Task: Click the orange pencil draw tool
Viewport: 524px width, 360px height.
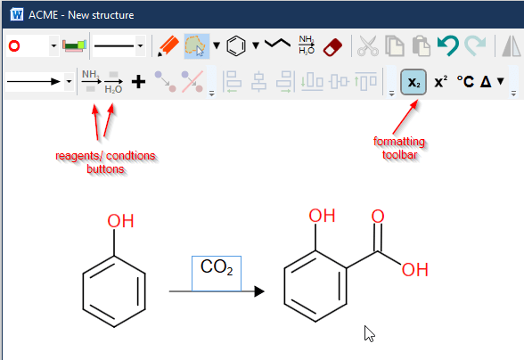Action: (168, 46)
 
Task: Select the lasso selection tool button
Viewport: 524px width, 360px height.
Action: (197, 46)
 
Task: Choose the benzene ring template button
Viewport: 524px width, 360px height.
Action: (236, 46)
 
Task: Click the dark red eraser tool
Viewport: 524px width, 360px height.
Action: (333, 47)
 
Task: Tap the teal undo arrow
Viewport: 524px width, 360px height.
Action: (447, 45)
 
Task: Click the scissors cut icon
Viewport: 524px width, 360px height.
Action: (368, 45)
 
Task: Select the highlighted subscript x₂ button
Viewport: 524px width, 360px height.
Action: (413, 82)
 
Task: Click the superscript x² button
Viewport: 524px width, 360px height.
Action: (441, 82)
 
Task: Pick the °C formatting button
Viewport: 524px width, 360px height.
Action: (465, 82)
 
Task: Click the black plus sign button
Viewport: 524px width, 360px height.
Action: (138, 82)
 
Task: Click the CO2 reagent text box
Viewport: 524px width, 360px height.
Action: (217, 274)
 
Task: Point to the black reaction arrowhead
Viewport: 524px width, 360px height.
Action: (259, 291)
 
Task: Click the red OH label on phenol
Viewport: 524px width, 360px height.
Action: (120, 221)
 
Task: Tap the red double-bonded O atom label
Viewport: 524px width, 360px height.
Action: (378, 217)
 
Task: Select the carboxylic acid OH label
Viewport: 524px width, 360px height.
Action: (415, 269)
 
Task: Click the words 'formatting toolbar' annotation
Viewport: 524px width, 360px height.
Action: (399, 148)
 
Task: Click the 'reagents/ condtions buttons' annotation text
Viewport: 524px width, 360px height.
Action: (105, 162)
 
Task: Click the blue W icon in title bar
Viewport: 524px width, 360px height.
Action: (17, 15)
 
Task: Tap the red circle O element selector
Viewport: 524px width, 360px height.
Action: (14, 45)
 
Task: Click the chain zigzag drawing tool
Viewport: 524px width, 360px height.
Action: (277, 43)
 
